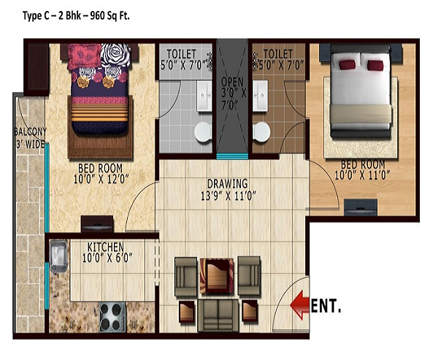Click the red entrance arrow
click(299, 305)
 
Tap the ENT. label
click(326, 306)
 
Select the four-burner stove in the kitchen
click(113, 317)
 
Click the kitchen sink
click(58, 257)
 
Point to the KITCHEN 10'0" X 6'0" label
click(107, 253)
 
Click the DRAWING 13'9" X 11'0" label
click(228, 190)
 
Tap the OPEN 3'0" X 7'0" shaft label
click(233, 93)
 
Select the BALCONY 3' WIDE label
click(30, 138)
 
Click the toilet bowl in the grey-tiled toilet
click(203, 131)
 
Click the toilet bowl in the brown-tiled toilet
click(261, 131)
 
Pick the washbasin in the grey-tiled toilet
click(204, 96)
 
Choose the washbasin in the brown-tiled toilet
click(261, 96)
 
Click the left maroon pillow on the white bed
click(347, 64)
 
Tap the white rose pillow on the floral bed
click(115, 55)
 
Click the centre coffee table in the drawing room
click(217, 276)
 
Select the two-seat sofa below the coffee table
click(218, 315)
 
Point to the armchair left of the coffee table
click(185, 277)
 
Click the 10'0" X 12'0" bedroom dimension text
click(101, 179)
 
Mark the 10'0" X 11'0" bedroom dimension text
click(362, 175)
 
